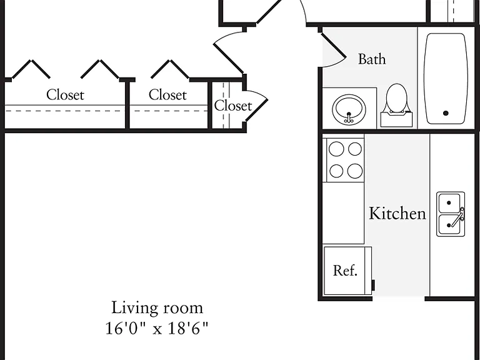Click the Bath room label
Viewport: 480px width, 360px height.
point(372,59)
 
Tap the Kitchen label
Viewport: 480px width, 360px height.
point(397,213)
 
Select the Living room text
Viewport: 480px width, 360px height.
point(157,307)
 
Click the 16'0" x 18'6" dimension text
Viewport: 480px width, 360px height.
point(157,328)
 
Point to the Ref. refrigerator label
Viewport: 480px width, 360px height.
point(345,271)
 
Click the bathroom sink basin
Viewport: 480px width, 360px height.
point(349,109)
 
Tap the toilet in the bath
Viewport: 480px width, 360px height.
point(396,105)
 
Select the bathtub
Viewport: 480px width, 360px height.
point(446,79)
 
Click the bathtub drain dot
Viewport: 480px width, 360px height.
point(446,113)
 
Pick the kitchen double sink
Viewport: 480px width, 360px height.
point(451,214)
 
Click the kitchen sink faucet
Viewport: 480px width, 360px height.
point(458,217)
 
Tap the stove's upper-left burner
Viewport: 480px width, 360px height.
point(336,149)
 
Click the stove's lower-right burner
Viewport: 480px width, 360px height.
point(355,171)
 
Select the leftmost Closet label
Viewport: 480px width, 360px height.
point(65,95)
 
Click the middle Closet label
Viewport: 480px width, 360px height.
point(167,95)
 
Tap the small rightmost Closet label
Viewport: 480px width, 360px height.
point(233,106)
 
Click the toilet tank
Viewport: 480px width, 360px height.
point(396,119)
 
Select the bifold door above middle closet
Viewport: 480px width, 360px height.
point(170,69)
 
